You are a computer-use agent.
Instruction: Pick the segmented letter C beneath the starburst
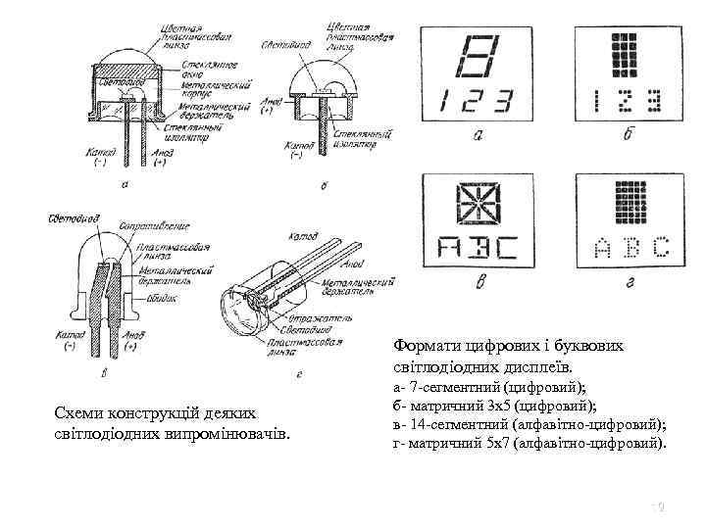(504, 249)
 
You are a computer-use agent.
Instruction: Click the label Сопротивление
(153, 226)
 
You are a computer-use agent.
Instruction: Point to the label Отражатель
(315, 319)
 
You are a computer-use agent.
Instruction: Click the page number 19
(659, 506)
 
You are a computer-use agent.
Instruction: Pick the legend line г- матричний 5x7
(528, 444)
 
